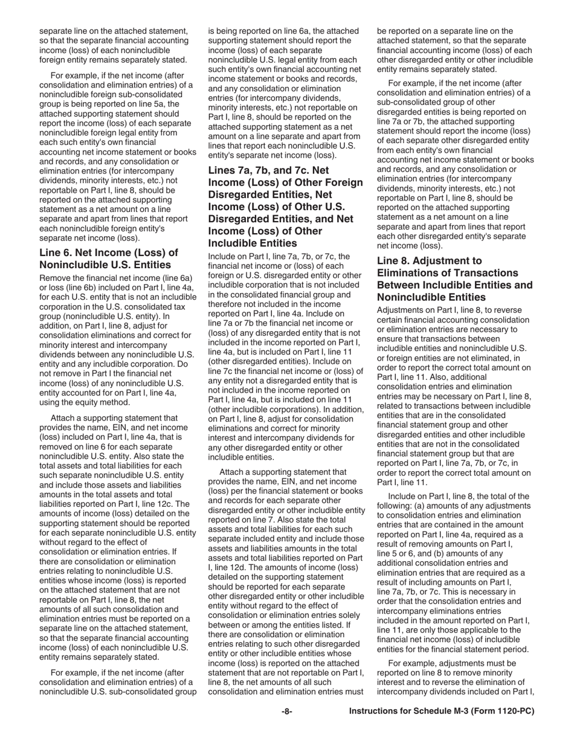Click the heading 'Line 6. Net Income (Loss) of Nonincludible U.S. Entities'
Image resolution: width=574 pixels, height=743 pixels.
click(x=109, y=259)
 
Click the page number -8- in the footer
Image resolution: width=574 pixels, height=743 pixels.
click(x=287, y=712)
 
